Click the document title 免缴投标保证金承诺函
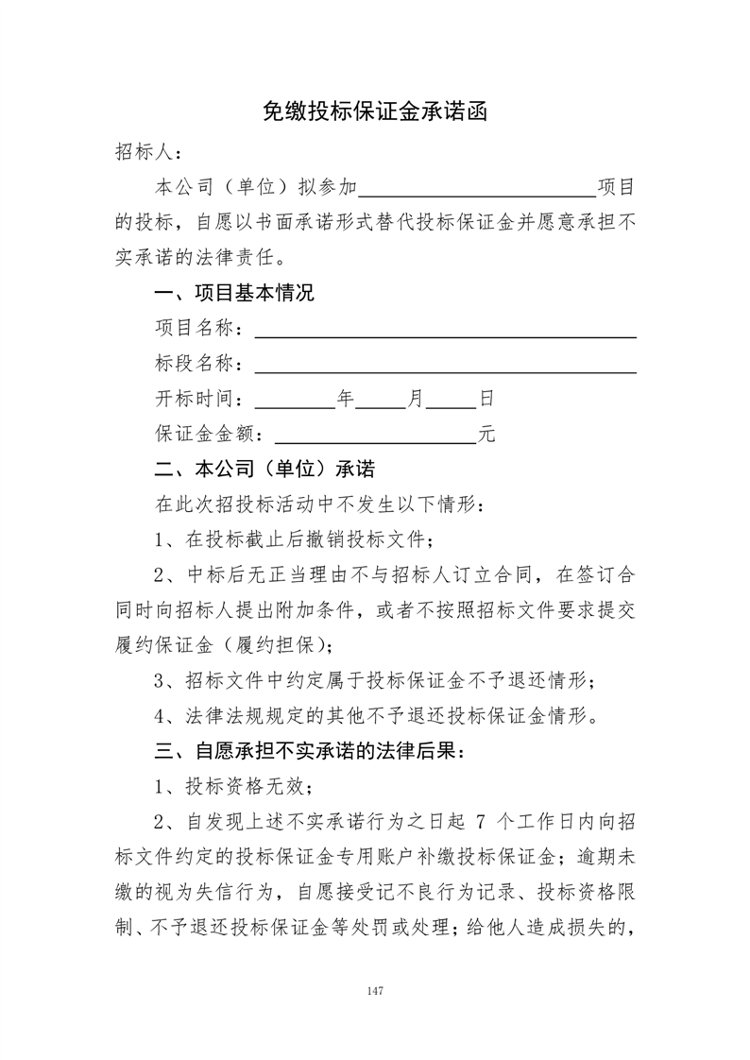pos(375,112)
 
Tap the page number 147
pos(375,991)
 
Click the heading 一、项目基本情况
pos(234,293)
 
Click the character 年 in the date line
pos(345,400)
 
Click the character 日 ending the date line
pos(486,400)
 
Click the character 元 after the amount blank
pos(487,435)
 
